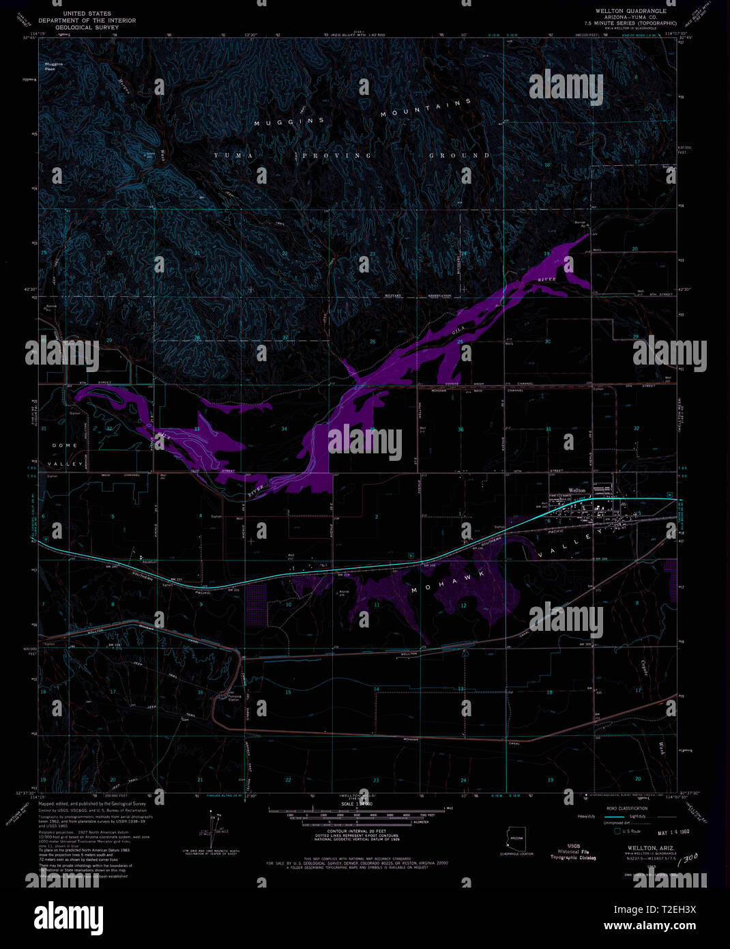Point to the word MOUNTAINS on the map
(426, 109)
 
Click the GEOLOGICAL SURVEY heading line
(87, 27)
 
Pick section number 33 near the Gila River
(197, 429)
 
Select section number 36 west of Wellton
(461, 429)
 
